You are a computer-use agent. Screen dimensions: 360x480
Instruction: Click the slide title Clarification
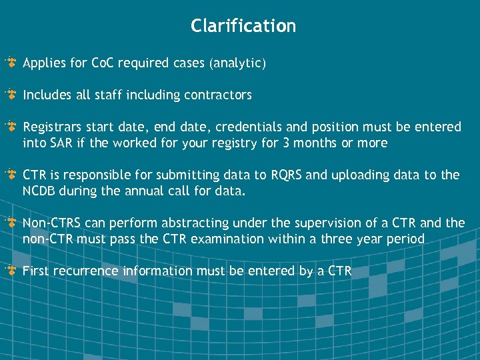[243, 26]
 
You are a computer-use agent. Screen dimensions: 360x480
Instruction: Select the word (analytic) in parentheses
[237, 64]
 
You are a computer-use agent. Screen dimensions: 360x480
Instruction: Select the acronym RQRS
[287, 175]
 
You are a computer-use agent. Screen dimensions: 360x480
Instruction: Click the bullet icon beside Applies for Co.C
[11, 63]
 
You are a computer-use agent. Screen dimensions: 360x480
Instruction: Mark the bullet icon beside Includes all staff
[11, 95]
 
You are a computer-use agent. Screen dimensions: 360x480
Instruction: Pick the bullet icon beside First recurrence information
[11, 271]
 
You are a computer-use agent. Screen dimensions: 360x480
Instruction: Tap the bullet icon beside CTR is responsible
[11, 175]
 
